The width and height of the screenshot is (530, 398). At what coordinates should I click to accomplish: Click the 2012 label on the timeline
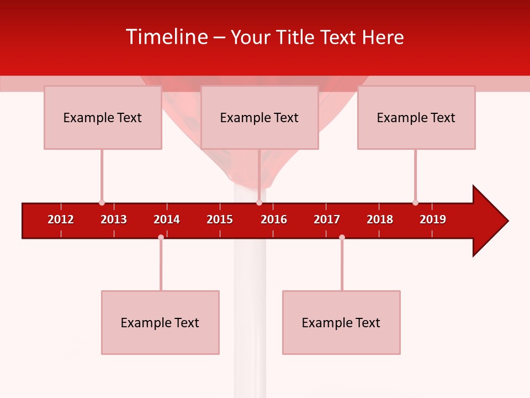click(61, 219)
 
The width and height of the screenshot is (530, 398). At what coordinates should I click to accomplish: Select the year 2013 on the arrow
click(114, 219)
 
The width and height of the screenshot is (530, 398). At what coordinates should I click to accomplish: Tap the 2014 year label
click(167, 219)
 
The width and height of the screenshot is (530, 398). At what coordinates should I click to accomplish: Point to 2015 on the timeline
click(220, 219)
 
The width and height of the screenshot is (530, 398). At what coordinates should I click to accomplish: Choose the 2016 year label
click(274, 219)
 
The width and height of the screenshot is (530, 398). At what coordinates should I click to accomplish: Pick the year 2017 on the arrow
click(327, 219)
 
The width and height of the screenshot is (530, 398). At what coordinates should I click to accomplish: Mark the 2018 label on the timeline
click(380, 219)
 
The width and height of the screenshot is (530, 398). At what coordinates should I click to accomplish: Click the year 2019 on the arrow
click(433, 219)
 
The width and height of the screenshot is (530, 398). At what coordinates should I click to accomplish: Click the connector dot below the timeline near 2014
click(161, 237)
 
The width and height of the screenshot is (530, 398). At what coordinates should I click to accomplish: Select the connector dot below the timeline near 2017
click(342, 237)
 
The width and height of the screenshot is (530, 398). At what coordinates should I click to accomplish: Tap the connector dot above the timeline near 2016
click(259, 203)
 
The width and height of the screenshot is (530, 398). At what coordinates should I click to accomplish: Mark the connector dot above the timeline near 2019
click(415, 203)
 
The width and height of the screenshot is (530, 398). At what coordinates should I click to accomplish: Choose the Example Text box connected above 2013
click(103, 117)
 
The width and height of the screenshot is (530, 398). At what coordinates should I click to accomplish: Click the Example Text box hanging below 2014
click(160, 322)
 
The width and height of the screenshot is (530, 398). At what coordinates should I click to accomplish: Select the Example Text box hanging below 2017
click(341, 322)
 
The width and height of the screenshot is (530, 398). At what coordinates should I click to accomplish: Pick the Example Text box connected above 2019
click(416, 117)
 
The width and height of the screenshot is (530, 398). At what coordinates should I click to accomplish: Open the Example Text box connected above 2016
click(259, 117)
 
